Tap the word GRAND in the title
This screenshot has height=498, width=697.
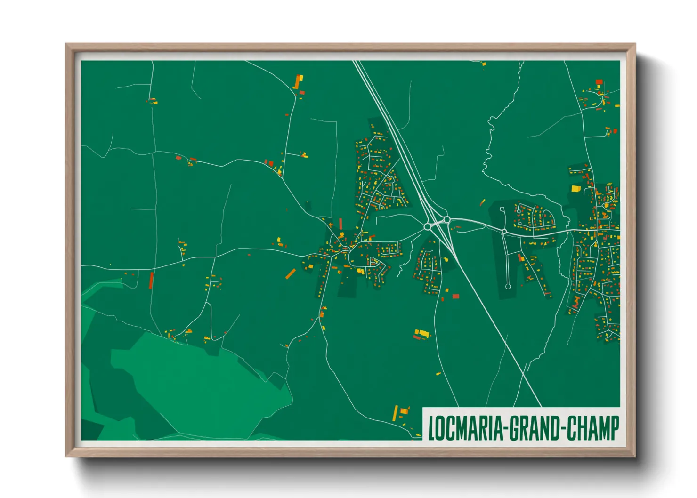[x=534, y=428]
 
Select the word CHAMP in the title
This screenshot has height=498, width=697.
[x=592, y=428]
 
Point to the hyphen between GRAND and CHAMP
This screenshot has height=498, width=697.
[x=562, y=429]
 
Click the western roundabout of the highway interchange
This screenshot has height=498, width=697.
[x=427, y=226]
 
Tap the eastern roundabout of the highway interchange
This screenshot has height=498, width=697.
[x=446, y=219]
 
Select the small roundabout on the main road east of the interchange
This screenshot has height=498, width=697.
[x=504, y=232]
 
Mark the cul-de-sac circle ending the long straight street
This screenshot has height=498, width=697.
[x=508, y=286]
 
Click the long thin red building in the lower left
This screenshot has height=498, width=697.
[x=151, y=280]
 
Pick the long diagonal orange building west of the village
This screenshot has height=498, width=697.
[x=291, y=273]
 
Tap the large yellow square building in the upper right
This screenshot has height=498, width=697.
[x=575, y=189]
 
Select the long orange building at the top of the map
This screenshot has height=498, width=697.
[x=298, y=82]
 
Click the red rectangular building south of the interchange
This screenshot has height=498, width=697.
[x=455, y=296]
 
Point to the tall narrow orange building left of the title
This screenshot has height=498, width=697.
[x=395, y=413]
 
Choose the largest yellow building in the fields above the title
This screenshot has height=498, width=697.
[x=422, y=333]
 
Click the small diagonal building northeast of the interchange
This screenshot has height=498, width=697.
[x=482, y=202]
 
